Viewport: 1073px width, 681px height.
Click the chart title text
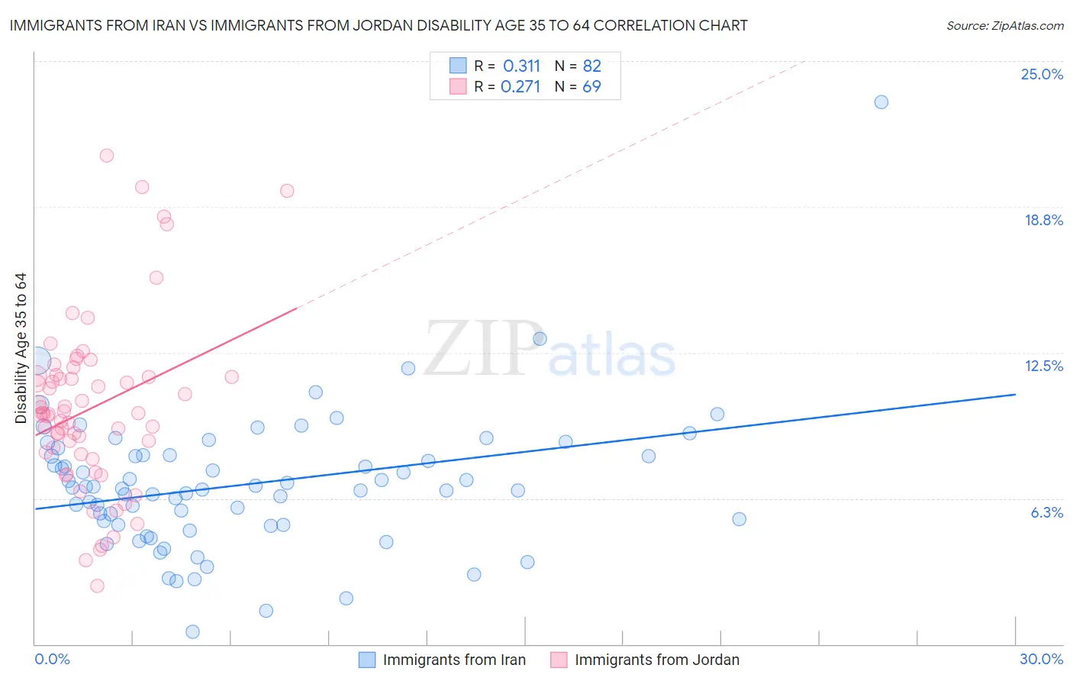(x=379, y=25)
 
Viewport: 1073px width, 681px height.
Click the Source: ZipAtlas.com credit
(x=1004, y=25)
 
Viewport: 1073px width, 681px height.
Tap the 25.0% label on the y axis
(x=1042, y=74)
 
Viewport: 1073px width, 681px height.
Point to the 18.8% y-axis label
(x=1043, y=220)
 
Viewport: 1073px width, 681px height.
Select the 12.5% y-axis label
(x=1043, y=366)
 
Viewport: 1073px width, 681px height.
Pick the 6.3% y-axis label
(x=1046, y=512)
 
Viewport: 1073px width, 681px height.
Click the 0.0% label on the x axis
(x=52, y=659)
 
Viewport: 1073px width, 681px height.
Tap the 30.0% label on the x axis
(x=1041, y=659)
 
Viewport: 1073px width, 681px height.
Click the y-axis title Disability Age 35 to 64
(x=21, y=348)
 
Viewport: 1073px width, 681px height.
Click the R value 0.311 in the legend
(x=521, y=66)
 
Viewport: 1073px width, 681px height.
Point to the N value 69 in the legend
(x=591, y=86)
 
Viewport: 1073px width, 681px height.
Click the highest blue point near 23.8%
(x=881, y=102)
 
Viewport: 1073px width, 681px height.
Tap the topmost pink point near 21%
(x=107, y=155)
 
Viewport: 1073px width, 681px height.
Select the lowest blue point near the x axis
(x=192, y=631)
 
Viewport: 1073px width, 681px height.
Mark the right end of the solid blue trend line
(x=1015, y=394)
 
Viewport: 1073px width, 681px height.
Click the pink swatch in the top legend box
(x=458, y=86)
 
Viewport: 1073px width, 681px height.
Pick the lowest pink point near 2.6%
(x=97, y=586)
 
